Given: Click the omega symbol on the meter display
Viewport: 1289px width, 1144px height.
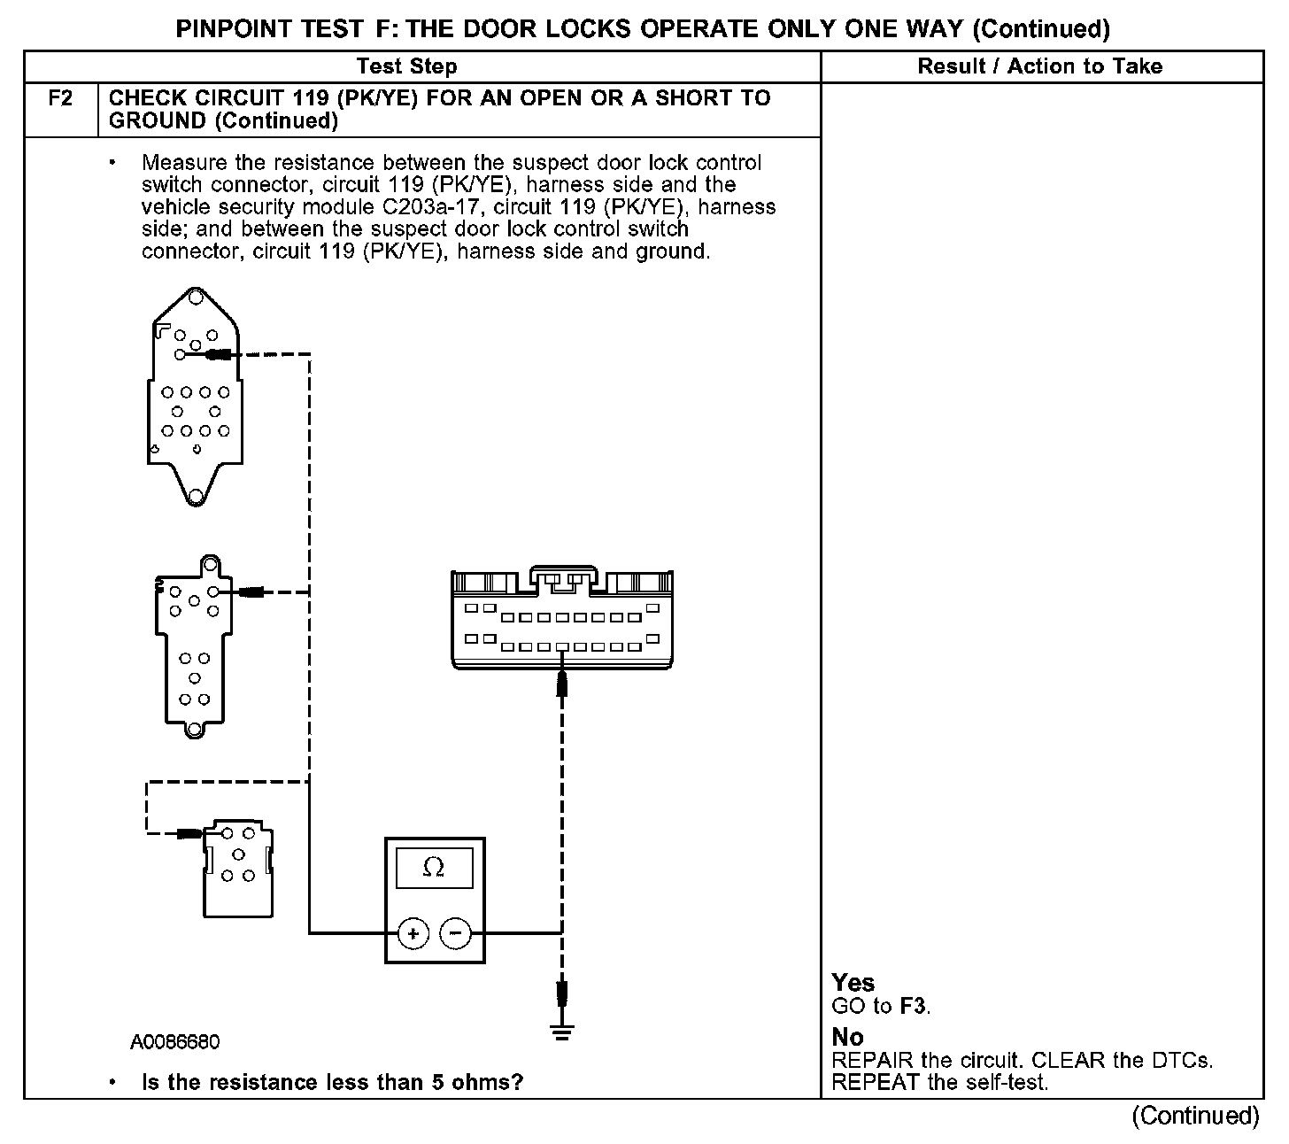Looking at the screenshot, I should (434, 868).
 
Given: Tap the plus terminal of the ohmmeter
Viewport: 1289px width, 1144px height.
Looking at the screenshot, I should (413, 932).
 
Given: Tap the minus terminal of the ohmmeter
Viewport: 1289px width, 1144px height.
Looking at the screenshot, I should (456, 932).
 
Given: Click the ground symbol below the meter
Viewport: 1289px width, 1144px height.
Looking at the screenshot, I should (561, 1032).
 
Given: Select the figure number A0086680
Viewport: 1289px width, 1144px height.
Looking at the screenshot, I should (175, 1042).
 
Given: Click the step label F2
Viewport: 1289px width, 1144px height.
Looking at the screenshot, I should (60, 98).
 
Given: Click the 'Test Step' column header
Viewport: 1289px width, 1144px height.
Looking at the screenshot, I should (406, 66).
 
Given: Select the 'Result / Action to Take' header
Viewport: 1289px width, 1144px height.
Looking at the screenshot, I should (1039, 66).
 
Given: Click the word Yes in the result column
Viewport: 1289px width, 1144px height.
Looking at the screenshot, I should (853, 983).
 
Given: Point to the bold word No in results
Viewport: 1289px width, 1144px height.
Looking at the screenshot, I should (847, 1037).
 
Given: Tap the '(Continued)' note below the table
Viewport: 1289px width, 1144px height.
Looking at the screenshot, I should (1195, 1116).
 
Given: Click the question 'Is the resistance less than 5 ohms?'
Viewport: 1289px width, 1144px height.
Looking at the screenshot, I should (332, 1082).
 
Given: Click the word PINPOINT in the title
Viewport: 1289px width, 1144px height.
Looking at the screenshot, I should (234, 29).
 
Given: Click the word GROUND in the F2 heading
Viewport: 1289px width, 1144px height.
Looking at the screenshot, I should (158, 121).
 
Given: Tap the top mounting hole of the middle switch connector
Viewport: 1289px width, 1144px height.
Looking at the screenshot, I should (210, 564).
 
